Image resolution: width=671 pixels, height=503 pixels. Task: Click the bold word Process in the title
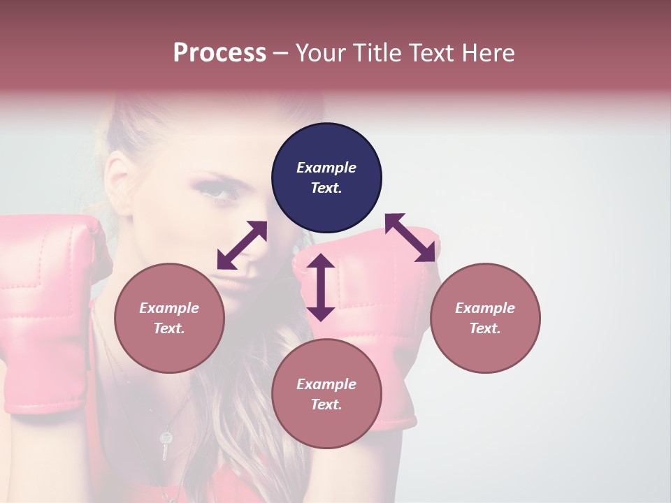click(x=219, y=53)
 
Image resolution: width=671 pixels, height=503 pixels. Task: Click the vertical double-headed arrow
click(x=321, y=287)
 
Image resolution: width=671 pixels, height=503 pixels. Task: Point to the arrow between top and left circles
click(x=242, y=245)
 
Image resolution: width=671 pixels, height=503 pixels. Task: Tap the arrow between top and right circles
click(x=410, y=238)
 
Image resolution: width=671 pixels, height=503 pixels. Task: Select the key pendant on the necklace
click(x=166, y=443)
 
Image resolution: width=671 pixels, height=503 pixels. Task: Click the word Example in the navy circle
click(x=326, y=168)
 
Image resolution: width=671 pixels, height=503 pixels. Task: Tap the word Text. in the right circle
click(x=485, y=328)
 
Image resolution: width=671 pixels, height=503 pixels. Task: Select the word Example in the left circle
click(x=169, y=308)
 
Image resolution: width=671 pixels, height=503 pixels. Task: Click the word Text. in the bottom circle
click(x=326, y=404)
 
